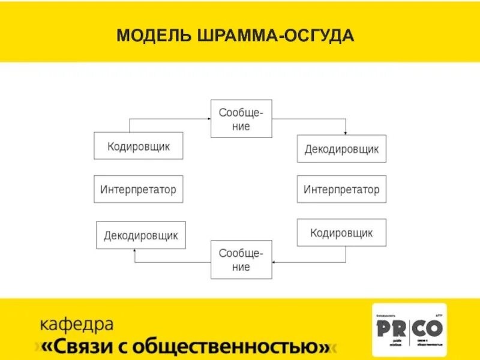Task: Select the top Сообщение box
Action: (241, 119)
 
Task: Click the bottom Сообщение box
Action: (241, 259)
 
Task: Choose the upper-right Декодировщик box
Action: (341, 149)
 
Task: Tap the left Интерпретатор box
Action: (139, 189)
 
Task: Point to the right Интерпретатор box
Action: (341, 189)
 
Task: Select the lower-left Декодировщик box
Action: (141, 235)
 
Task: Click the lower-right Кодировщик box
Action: (341, 232)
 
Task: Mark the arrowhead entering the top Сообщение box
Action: (207, 119)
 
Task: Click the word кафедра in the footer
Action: (76, 325)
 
